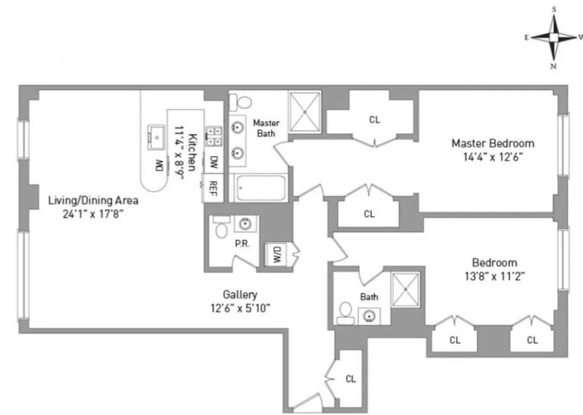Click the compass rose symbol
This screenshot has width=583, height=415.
click(x=554, y=37)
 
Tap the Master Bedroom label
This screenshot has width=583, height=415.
click(x=493, y=144)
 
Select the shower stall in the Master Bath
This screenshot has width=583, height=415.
click(x=305, y=111)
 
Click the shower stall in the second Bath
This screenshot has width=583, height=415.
click(x=405, y=289)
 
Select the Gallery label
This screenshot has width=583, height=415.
click(x=240, y=294)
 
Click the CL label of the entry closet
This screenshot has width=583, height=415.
click(x=351, y=379)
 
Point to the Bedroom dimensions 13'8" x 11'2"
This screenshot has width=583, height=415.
click(x=495, y=276)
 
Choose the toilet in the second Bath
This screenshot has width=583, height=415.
click(x=345, y=312)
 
